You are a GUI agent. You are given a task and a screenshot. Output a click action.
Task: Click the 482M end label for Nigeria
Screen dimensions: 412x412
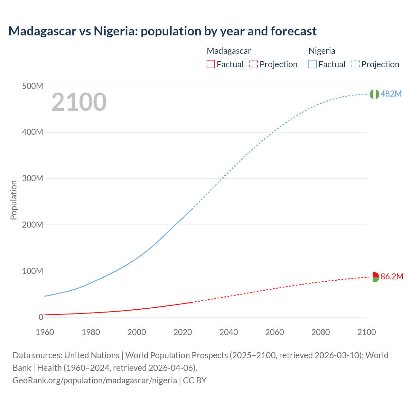pyautogui.click(x=391, y=94)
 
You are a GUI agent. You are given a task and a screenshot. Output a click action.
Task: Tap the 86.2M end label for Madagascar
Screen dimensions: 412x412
pyautogui.click(x=392, y=276)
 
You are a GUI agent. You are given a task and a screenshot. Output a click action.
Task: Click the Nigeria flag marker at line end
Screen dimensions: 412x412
pyautogui.click(x=374, y=94)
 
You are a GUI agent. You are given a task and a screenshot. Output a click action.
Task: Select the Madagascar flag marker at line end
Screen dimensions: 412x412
pyautogui.click(x=374, y=277)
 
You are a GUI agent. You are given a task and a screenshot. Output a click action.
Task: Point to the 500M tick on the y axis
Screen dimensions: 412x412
pyautogui.click(x=33, y=86)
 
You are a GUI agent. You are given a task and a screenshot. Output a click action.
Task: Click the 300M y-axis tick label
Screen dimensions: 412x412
pyautogui.click(x=33, y=178)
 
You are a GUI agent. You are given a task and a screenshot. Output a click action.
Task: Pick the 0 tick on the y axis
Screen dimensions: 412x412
pyautogui.click(x=41, y=317)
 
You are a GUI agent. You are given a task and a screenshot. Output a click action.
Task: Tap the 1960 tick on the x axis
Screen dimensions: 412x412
pyautogui.click(x=45, y=332)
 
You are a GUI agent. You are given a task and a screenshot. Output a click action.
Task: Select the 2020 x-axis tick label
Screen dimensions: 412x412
pyautogui.click(x=183, y=332)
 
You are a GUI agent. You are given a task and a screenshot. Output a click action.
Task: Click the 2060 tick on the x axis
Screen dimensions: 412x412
pyautogui.click(x=275, y=332)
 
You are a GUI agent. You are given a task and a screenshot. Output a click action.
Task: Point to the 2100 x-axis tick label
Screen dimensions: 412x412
pyautogui.click(x=366, y=332)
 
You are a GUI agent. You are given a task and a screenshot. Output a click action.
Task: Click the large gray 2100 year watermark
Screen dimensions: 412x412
pyautogui.click(x=79, y=102)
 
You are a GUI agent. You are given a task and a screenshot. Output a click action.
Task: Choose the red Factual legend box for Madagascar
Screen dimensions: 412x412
pyautogui.click(x=211, y=64)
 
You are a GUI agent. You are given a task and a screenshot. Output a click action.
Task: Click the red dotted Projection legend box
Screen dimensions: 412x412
pyautogui.click(x=254, y=64)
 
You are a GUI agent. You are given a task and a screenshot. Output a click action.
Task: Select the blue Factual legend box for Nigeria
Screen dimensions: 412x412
pyautogui.click(x=312, y=64)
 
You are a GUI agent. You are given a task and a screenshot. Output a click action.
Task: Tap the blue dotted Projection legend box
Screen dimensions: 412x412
pyautogui.click(x=355, y=64)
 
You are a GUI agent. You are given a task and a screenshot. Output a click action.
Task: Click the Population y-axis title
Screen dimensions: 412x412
pyautogui.click(x=14, y=200)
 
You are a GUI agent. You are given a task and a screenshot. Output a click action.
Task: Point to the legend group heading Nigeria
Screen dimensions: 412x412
pyautogui.click(x=322, y=51)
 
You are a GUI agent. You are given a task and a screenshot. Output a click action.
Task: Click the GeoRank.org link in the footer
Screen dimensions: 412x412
pyautogui.click(x=95, y=380)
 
